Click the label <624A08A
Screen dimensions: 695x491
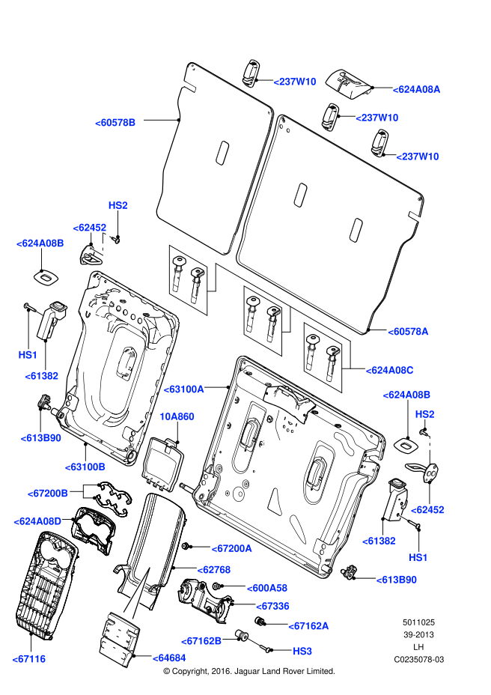pos(416,89)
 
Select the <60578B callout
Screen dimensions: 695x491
pos(115,123)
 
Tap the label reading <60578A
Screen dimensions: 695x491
pos(408,332)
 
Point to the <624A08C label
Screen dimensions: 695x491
pos(389,371)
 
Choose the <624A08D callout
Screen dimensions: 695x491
pos(37,521)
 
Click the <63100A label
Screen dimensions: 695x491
pos(183,389)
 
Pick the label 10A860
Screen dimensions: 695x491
pos(177,416)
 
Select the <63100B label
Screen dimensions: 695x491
pos(85,467)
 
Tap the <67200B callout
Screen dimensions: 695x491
pos(47,494)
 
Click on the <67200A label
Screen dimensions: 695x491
pos(231,549)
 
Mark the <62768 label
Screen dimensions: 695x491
pos(214,570)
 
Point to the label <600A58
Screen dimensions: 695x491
pos(267,588)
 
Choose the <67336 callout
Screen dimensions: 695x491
pos(272,606)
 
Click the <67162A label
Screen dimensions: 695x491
pos(308,626)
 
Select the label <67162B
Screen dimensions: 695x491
pos(201,641)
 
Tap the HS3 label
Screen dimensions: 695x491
pos(302,652)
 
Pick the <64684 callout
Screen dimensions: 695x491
pos(169,658)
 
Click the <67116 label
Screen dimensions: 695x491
pos(29,659)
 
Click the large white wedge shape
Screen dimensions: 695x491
pos(137,595)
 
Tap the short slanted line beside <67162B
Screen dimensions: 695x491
pos(253,641)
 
